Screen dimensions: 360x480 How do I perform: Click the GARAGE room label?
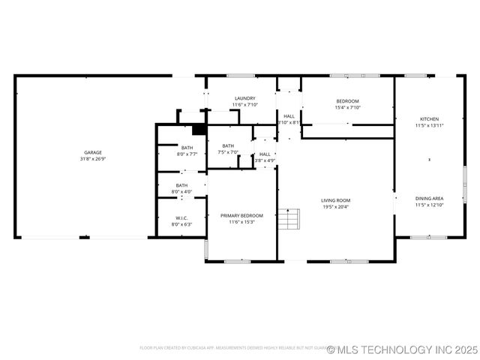coord(93,152)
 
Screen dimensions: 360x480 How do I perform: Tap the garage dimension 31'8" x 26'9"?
coord(93,159)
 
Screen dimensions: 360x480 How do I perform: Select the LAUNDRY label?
coord(244,98)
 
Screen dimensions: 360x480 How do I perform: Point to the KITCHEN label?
coord(429,119)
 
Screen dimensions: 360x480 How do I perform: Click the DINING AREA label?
coord(429,198)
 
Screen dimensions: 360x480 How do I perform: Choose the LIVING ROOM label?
coord(336,200)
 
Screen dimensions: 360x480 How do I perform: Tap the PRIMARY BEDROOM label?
coord(241,215)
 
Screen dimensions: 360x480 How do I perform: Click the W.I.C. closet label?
coord(181,217)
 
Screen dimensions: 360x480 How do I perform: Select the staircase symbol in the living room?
coord(289,219)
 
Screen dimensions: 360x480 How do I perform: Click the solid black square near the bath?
coord(199,128)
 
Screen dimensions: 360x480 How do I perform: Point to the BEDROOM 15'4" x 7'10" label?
coord(347,101)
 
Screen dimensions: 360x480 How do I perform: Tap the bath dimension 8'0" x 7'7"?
coord(187,154)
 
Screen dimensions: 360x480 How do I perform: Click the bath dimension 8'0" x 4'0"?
coord(181,192)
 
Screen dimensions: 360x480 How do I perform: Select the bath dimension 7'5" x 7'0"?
coord(228,152)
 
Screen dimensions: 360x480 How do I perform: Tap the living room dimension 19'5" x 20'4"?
coord(336,207)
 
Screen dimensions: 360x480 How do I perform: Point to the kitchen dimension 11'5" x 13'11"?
coord(429,126)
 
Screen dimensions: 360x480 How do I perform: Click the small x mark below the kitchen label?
coord(429,160)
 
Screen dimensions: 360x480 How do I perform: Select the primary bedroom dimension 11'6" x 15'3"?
coord(241,222)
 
